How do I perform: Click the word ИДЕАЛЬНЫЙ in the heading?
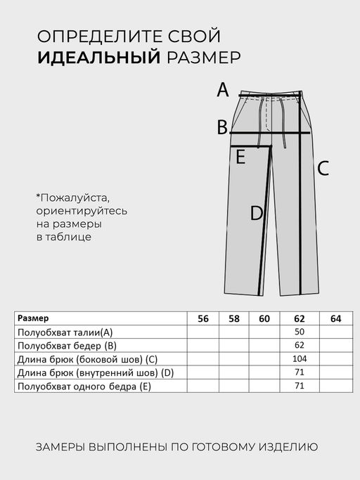(x=100, y=58)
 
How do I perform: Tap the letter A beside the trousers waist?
(x=223, y=90)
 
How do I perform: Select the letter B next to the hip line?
(x=222, y=127)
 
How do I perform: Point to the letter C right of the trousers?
(x=323, y=169)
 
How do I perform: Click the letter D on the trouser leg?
(x=257, y=213)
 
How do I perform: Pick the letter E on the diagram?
(x=240, y=157)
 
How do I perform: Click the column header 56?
(x=203, y=318)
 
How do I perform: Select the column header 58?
(x=234, y=318)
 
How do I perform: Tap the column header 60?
(x=264, y=318)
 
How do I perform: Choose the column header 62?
(x=300, y=318)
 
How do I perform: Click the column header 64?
(x=335, y=318)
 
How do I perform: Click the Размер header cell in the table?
(x=34, y=318)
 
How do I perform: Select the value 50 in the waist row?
(x=300, y=332)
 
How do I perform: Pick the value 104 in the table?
(x=300, y=359)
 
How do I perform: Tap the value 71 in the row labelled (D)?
(x=300, y=372)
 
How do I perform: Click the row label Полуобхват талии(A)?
(x=65, y=332)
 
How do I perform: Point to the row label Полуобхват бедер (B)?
(x=66, y=345)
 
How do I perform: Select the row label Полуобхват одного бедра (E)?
(x=84, y=387)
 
